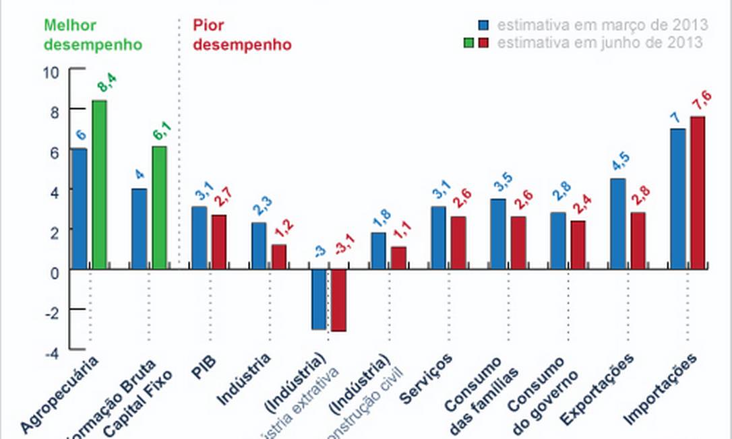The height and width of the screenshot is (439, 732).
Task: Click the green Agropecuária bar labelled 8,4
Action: (99, 185)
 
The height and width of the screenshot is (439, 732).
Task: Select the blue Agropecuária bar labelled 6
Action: (80, 209)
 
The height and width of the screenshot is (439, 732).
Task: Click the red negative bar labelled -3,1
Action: (338, 300)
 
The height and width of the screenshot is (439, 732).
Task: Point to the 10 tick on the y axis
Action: (51, 72)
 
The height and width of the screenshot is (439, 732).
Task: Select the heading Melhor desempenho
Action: (93, 35)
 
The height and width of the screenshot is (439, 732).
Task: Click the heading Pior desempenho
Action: (242, 35)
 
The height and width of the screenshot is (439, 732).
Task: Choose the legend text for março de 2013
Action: (603, 26)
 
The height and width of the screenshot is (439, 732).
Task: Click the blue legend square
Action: (484, 26)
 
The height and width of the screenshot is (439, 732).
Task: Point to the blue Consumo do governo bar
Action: (557, 240)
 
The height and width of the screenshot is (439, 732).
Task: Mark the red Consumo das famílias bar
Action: (518, 242)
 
